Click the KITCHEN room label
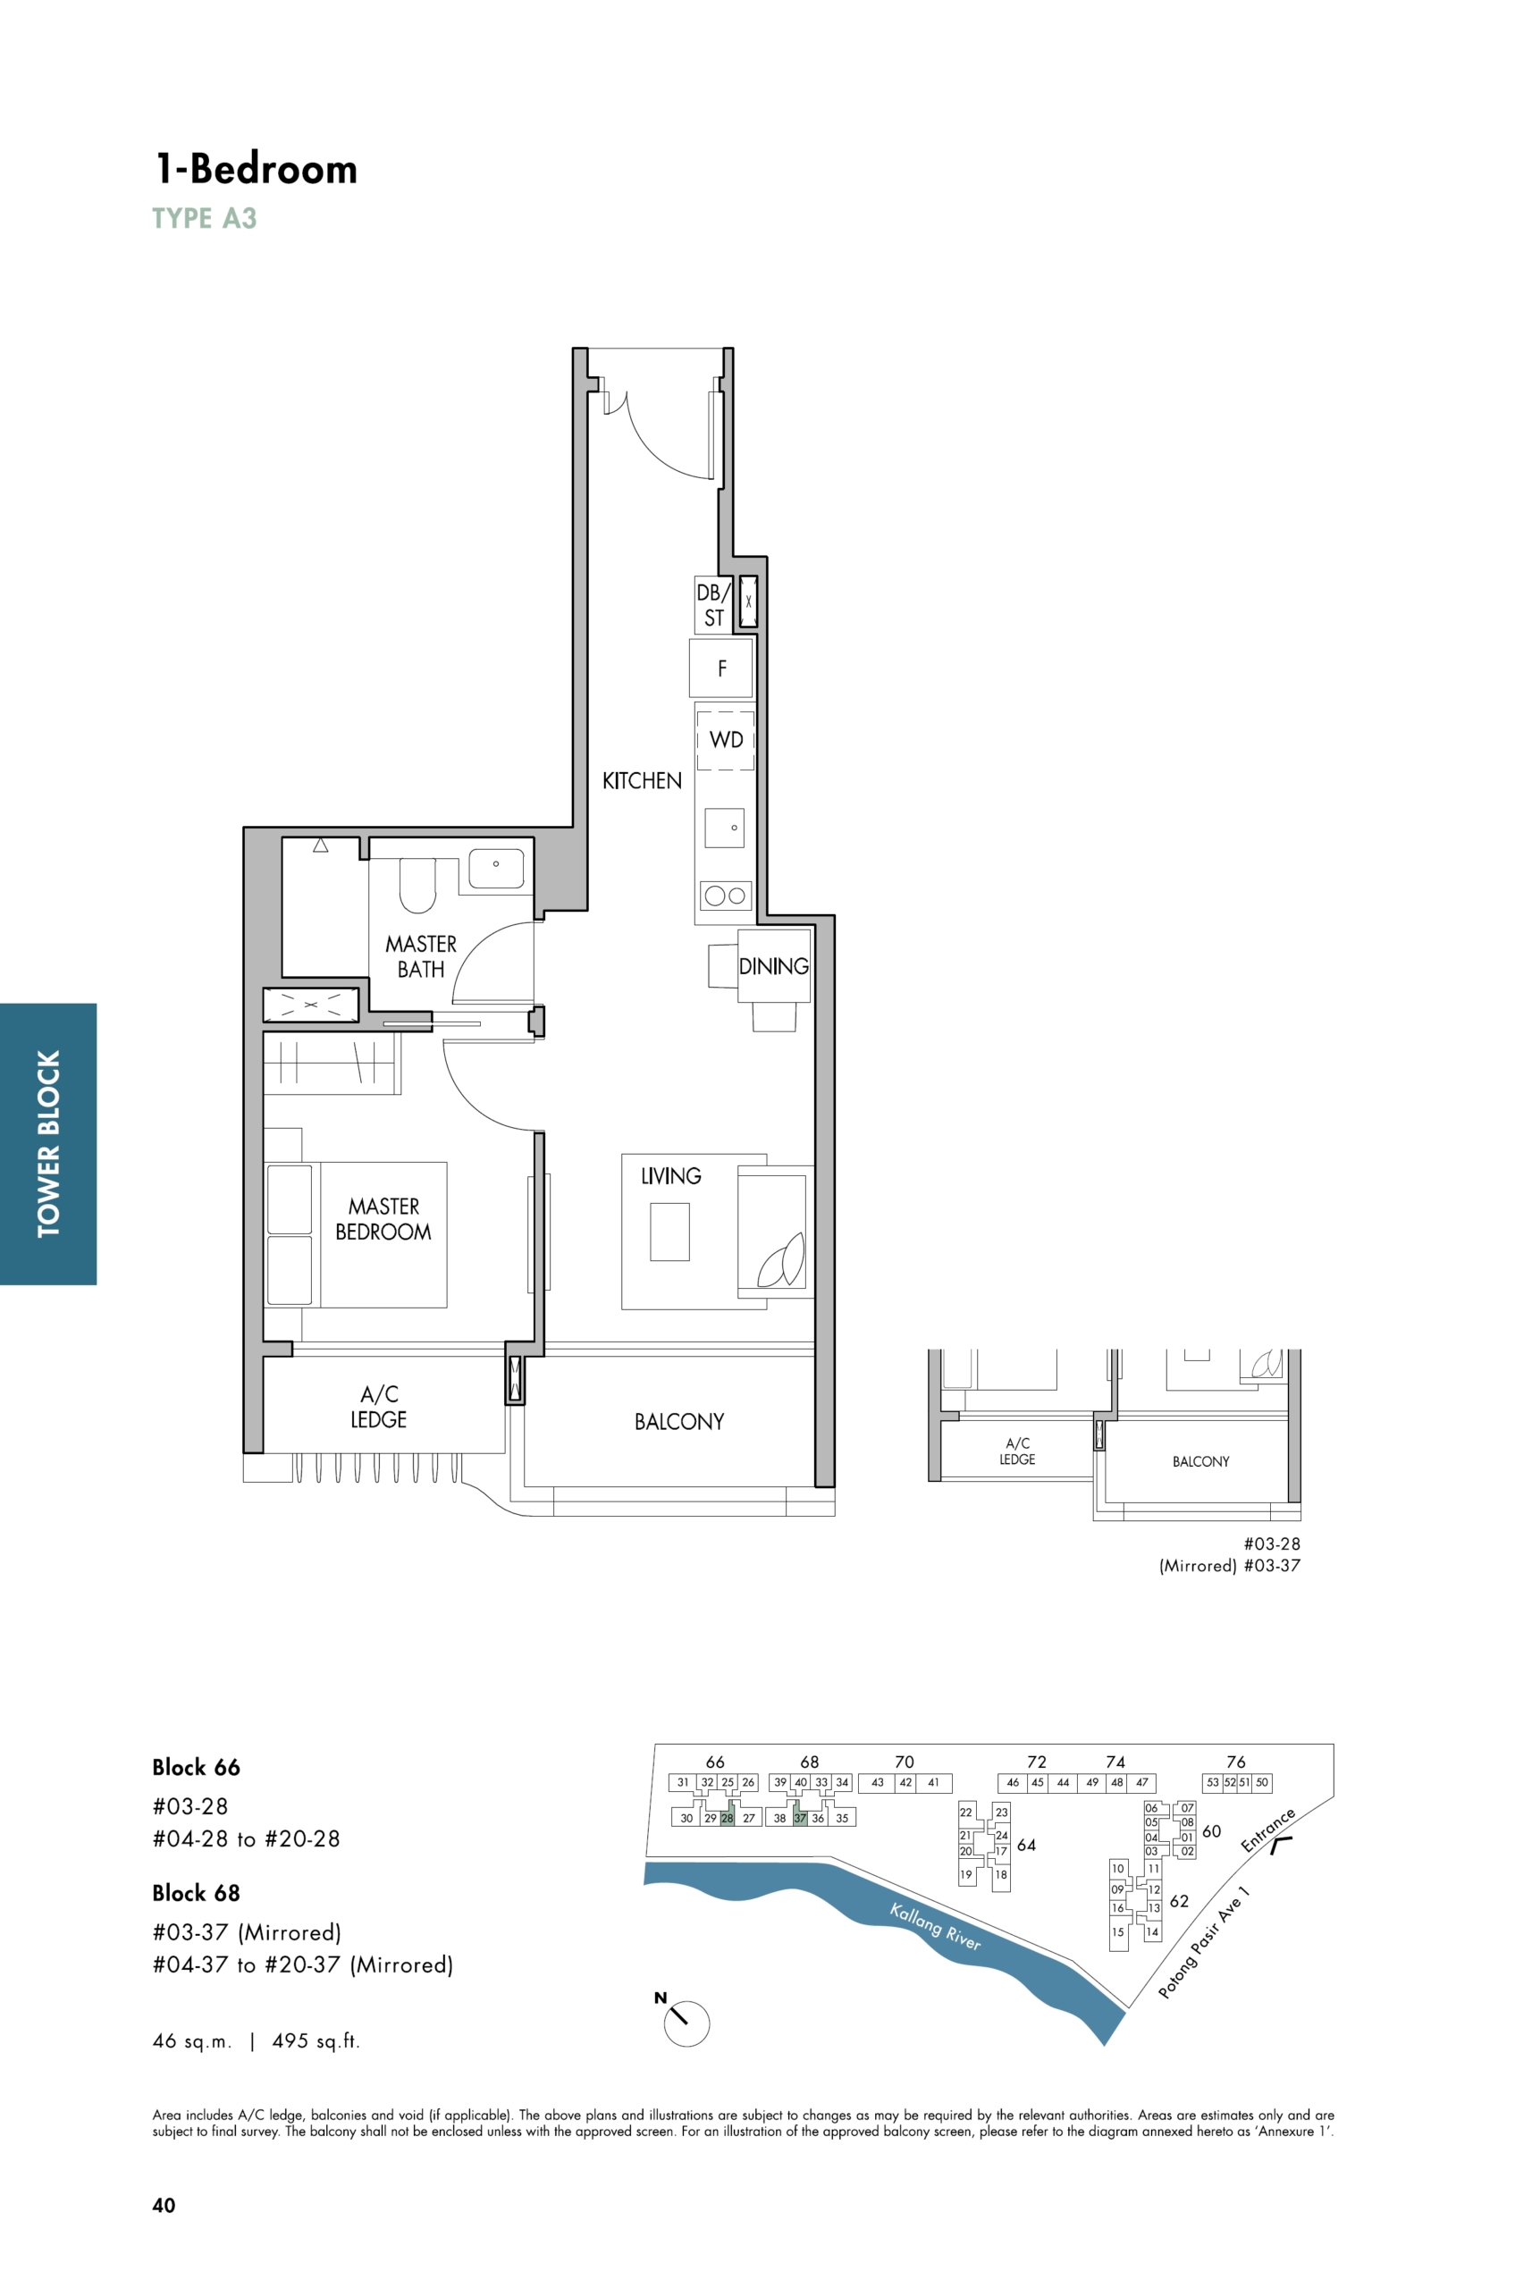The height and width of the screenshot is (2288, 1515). point(642,781)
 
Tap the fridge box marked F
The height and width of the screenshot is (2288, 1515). point(720,668)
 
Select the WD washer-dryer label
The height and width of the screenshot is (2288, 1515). point(727,740)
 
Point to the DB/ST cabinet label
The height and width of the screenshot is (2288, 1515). point(713,605)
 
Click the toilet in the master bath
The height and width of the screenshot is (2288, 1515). point(418,885)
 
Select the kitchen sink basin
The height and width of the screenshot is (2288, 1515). point(725,828)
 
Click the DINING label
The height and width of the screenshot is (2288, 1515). point(774,966)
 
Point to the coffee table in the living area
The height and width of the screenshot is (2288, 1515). point(669,1232)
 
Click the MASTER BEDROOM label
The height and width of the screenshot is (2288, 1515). point(383,1219)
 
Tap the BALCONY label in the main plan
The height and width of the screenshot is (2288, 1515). point(679,1421)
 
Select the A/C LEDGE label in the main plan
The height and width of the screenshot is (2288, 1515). point(379,1407)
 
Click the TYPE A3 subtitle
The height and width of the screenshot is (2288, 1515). point(205,218)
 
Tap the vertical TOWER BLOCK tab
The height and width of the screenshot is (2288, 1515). point(48,1144)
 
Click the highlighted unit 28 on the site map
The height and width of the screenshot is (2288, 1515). point(728,1818)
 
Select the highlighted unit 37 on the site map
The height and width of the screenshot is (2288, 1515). point(800,1818)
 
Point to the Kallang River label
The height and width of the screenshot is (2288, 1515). point(935,1927)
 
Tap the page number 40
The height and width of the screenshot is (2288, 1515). point(164,2205)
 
